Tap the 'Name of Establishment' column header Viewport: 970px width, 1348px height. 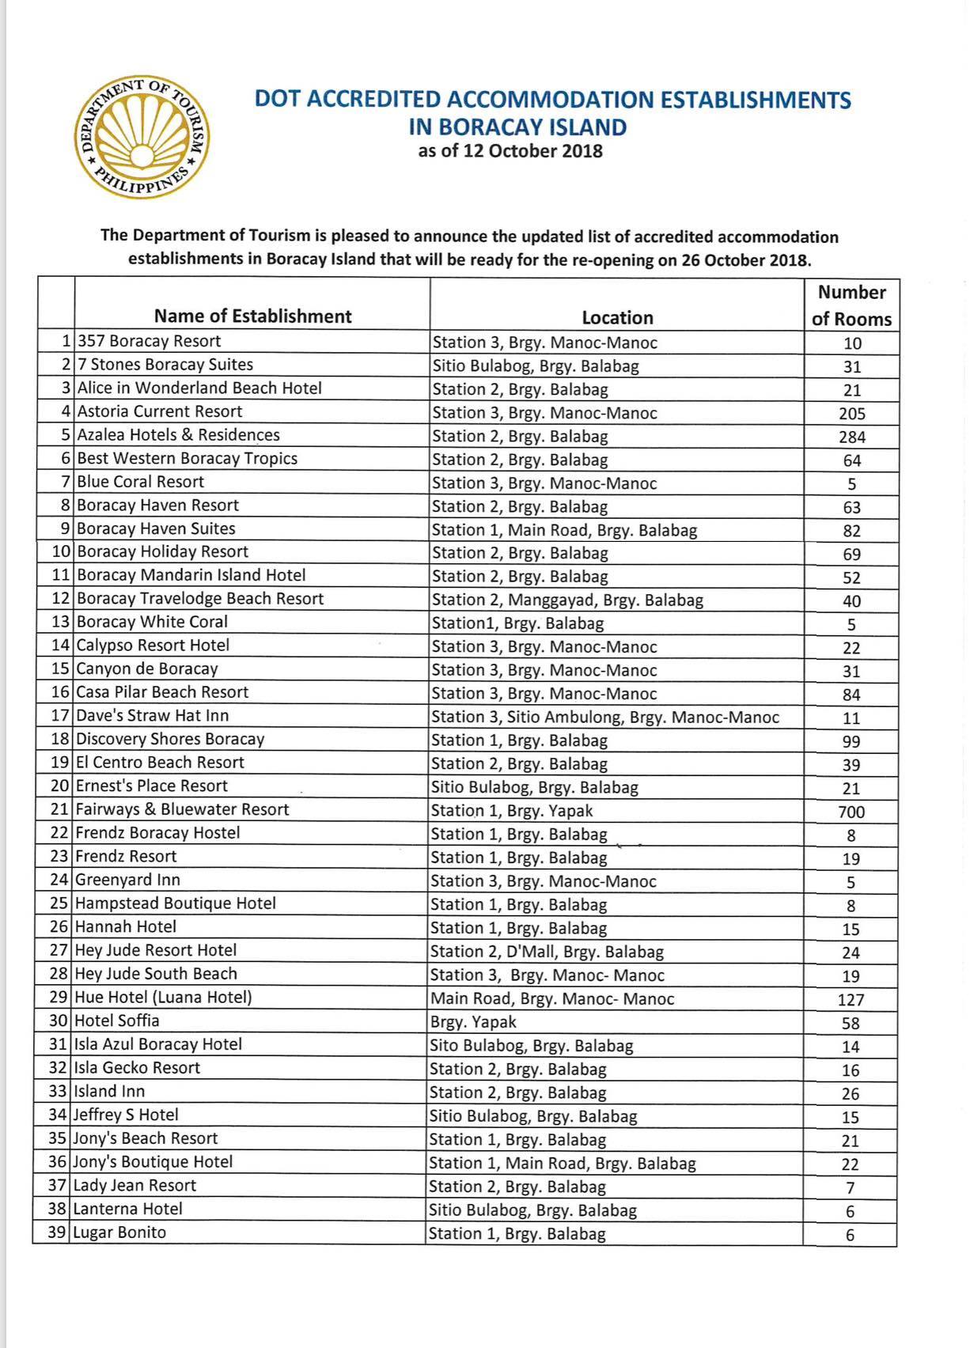(252, 316)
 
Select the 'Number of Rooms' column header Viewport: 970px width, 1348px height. (851, 305)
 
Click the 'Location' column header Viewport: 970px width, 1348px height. (617, 318)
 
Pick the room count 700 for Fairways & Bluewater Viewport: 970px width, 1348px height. (851, 812)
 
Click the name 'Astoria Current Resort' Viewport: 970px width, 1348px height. (160, 411)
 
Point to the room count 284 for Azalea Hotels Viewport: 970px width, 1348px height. (851, 437)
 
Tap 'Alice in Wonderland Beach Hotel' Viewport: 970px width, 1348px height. (199, 388)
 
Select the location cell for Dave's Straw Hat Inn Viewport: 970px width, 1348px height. (605, 718)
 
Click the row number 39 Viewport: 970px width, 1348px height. (56, 1233)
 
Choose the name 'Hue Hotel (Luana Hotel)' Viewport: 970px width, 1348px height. (163, 998)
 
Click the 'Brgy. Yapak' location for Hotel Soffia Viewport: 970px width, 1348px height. (473, 1022)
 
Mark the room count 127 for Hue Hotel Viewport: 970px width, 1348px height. (851, 1000)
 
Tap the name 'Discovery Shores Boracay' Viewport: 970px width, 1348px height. (170, 740)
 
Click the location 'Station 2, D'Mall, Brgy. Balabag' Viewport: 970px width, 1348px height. (547, 952)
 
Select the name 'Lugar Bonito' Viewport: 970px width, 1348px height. (119, 1233)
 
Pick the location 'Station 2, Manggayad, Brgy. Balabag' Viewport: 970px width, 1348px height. (567, 600)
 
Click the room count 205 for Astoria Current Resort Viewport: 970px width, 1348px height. (851, 414)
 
